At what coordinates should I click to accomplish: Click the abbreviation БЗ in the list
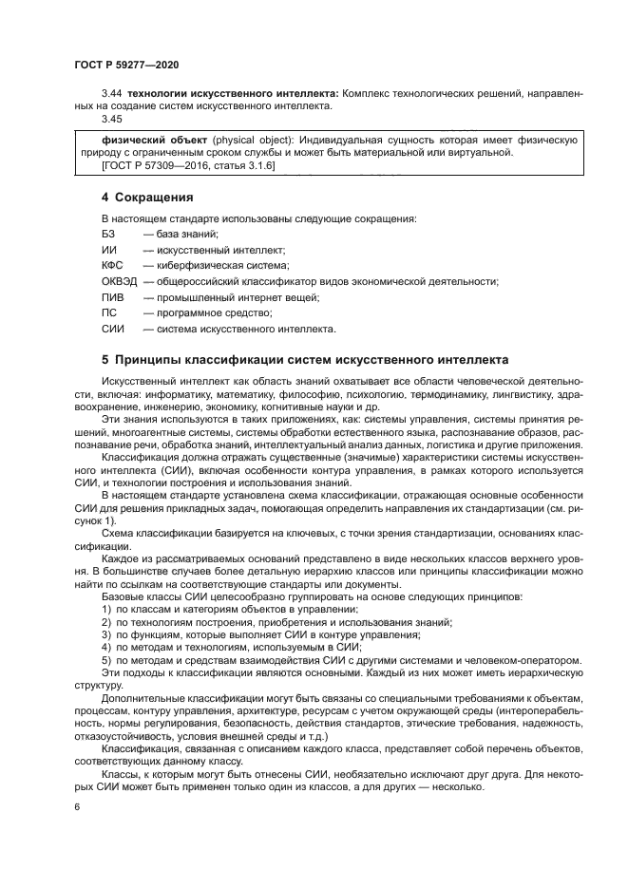click(108, 234)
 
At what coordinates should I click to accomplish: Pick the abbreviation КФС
click(112, 265)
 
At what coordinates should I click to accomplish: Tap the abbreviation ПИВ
click(111, 297)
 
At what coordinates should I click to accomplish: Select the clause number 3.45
click(112, 121)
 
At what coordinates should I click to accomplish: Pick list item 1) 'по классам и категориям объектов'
click(217, 609)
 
